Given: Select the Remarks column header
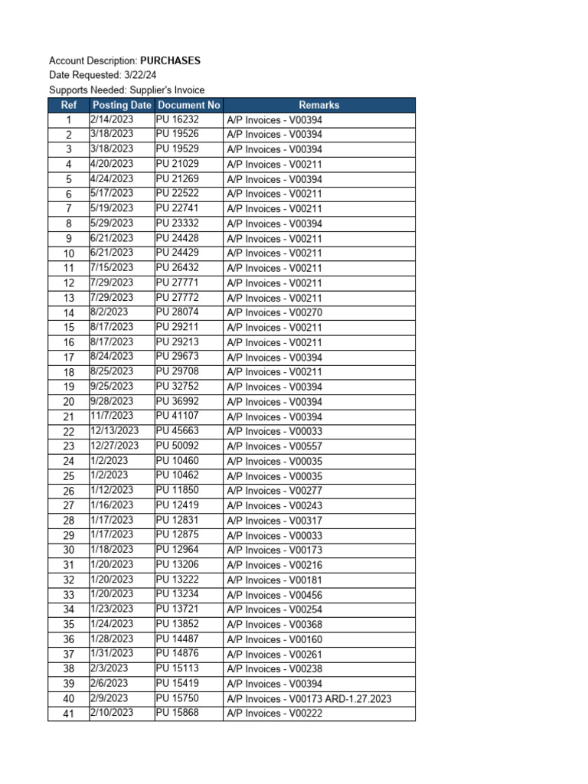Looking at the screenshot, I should tap(318, 105).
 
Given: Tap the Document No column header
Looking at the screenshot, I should tap(188, 105).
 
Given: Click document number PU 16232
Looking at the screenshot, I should tap(177, 119).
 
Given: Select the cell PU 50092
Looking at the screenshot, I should tap(177, 446).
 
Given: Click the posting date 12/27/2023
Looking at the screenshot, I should tap(115, 446).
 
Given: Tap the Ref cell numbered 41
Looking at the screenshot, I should tap(68, 714).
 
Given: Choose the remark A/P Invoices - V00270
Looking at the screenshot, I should tap(274, 312).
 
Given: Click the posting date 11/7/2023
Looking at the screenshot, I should tap(112, 416).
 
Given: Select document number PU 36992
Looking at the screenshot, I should tap(177, 401).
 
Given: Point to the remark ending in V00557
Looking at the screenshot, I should tap(274, 446).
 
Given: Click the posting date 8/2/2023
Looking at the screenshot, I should tap(109, 312).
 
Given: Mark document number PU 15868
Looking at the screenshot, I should tap(177, 713).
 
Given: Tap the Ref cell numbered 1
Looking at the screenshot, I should tap(68, 120).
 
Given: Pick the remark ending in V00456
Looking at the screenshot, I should tap(274, 595).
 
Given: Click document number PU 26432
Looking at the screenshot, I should tap(177, 268).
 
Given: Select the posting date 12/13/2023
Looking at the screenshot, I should tap(115, 431).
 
